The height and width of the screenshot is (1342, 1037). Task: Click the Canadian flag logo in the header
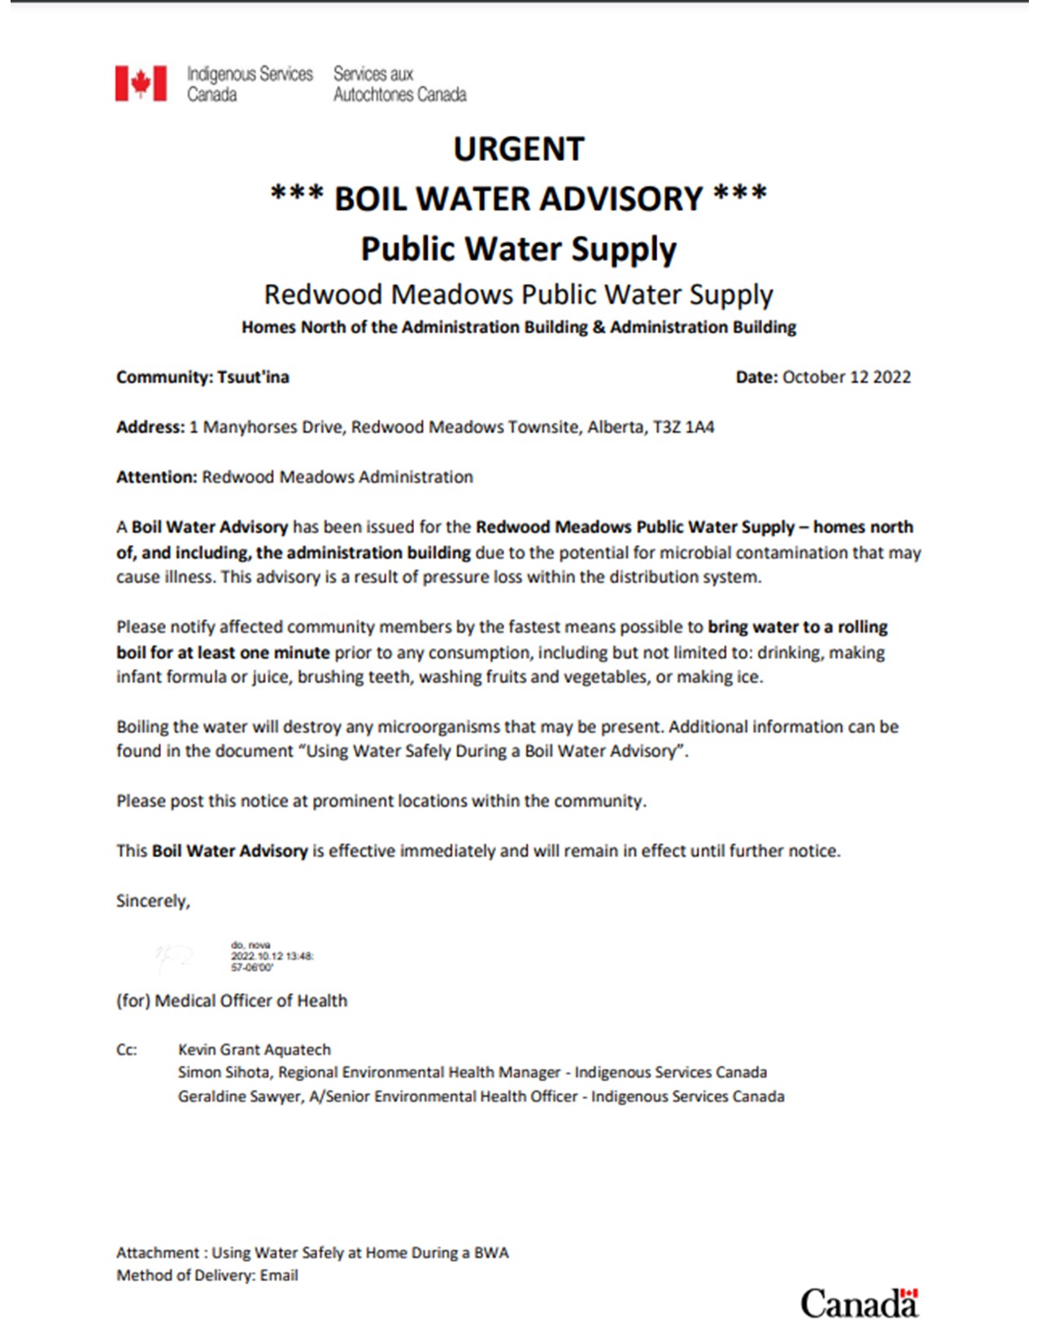click(141, 84)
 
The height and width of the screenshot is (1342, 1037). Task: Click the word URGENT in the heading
click(518, 150)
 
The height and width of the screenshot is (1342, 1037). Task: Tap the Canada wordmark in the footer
click(859, 1303)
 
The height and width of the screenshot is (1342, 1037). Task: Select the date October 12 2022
click(846, 377)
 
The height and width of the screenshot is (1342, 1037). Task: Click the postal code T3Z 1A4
click(683, 428)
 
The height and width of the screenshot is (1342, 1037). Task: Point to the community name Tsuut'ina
click(253, 377)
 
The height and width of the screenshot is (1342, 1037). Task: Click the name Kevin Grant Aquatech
click(255, 1049)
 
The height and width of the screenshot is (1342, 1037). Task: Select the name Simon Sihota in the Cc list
click(223, 1073)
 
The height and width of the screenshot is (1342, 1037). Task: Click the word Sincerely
click(153, 901)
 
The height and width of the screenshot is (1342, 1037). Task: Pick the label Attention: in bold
click(156, 477)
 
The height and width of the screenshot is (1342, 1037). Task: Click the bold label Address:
click(150, 428)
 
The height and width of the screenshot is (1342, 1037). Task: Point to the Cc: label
click(127, 1049)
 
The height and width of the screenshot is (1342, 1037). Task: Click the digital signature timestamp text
click(272, 956)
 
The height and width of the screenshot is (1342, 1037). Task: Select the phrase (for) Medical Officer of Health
click(232, 1001)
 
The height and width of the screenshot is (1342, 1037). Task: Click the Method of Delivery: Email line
click(207, 1275)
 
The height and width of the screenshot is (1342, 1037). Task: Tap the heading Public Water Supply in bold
click(518, 249)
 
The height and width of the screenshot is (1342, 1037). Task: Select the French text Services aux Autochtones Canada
click(399, 84)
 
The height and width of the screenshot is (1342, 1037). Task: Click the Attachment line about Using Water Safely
click(312, 1253)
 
